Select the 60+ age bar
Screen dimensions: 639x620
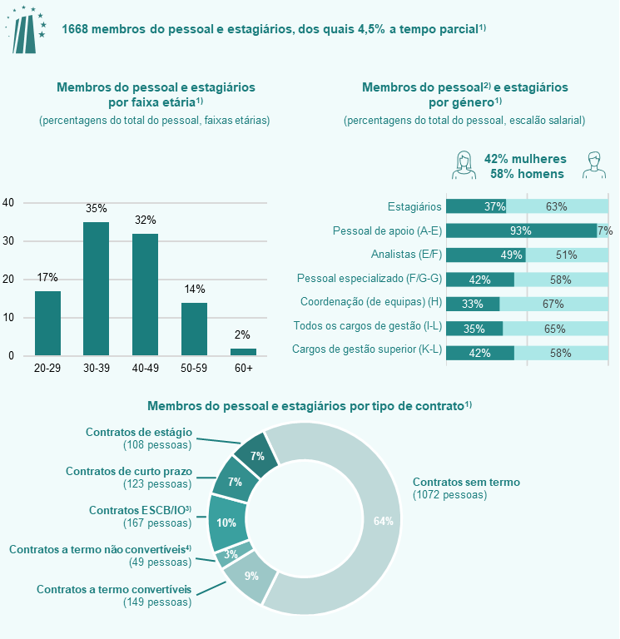coord(243,352)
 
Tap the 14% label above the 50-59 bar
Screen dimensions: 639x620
coord(195,289)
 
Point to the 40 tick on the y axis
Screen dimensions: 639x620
coord(8,203)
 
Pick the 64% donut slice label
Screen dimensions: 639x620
coord(384,521)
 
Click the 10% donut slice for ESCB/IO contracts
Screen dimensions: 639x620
coord(226,523)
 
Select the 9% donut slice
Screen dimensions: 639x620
coord(250,577)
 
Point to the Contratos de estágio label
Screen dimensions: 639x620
coord(139,432)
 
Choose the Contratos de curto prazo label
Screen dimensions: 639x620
coord(129,471)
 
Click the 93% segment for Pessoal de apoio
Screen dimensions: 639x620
coord(521,230)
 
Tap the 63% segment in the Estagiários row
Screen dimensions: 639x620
coord(557,206)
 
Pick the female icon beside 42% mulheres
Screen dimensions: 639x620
coord(464,166)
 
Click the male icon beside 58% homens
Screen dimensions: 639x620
coord(592,166)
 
